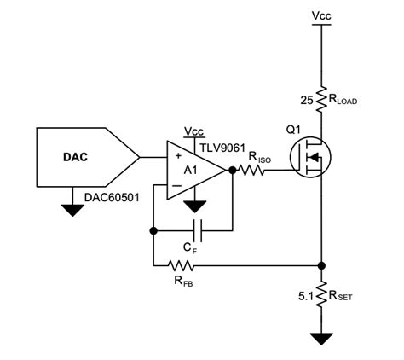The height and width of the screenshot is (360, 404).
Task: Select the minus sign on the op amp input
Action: tap(178, 183)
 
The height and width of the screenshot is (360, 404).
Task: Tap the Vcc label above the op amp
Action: tap(194, 131)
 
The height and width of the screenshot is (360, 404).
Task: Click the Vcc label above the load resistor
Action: tap(322, 16)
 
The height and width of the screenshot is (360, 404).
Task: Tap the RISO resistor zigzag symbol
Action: tap(253, 171)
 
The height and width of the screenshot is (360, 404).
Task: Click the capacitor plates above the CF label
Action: tap(198, 230)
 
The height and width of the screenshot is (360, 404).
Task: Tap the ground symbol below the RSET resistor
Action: tap(322, 339)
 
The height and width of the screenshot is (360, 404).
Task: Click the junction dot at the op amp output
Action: tap(232, 171)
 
